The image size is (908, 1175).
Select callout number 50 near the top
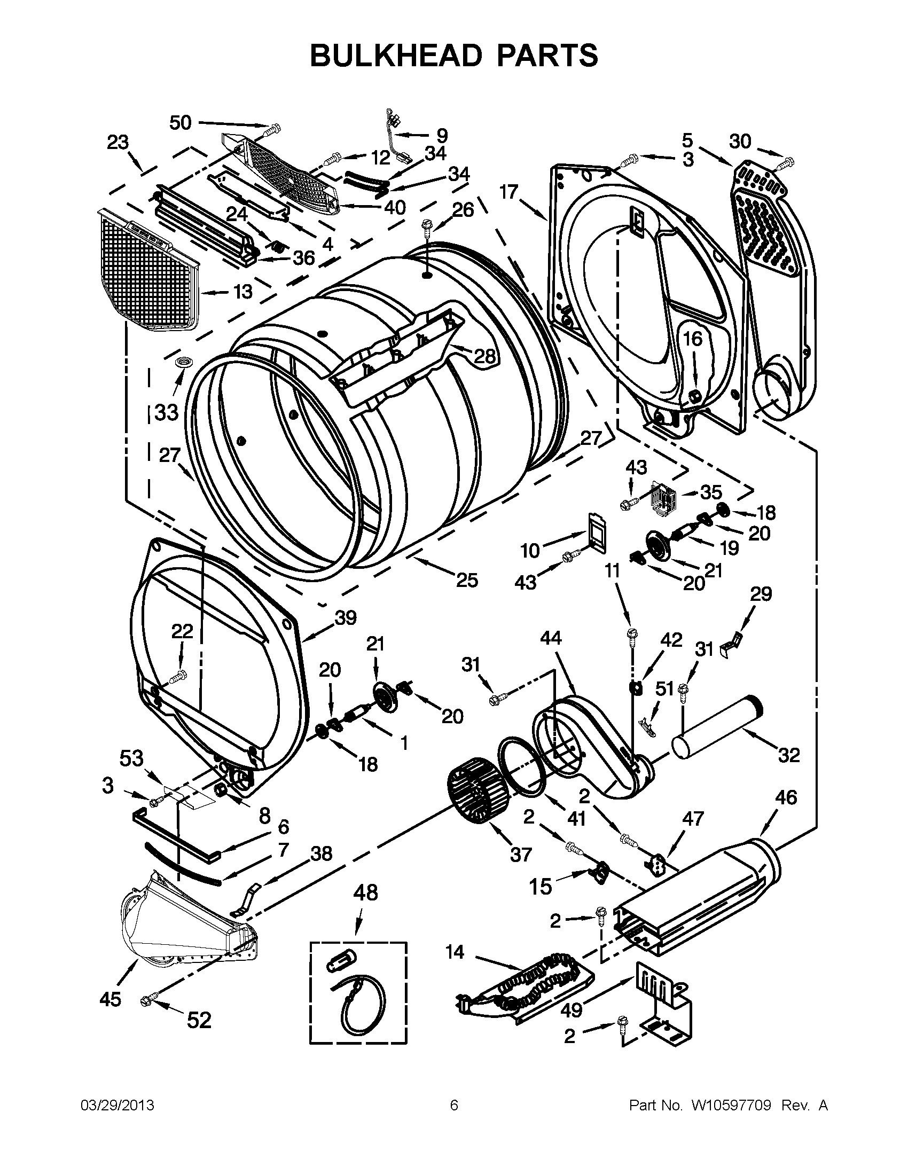point(181,123)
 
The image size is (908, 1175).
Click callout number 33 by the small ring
point(166,413)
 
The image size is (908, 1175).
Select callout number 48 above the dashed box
point(365,892)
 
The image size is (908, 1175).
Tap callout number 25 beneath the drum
point(467,580)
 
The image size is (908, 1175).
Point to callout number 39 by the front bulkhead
point(346,618)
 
